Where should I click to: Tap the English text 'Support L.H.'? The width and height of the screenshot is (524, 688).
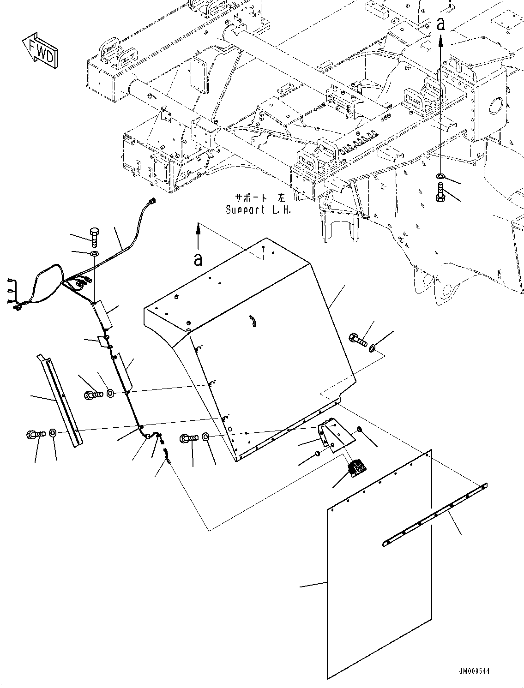click(259, 210)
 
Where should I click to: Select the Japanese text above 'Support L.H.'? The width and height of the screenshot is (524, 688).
click(260, 198)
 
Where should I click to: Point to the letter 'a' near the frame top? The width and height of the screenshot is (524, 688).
click(441, 24)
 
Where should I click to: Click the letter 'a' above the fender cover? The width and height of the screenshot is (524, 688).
click(198, 259)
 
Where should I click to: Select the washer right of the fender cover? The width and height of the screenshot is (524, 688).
click(373, 348)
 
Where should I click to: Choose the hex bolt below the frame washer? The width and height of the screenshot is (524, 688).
click(440, 192)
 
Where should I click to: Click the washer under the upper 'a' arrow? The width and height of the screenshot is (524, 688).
click(440, 176)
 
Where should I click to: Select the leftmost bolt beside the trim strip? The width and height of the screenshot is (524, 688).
click(36, 434)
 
